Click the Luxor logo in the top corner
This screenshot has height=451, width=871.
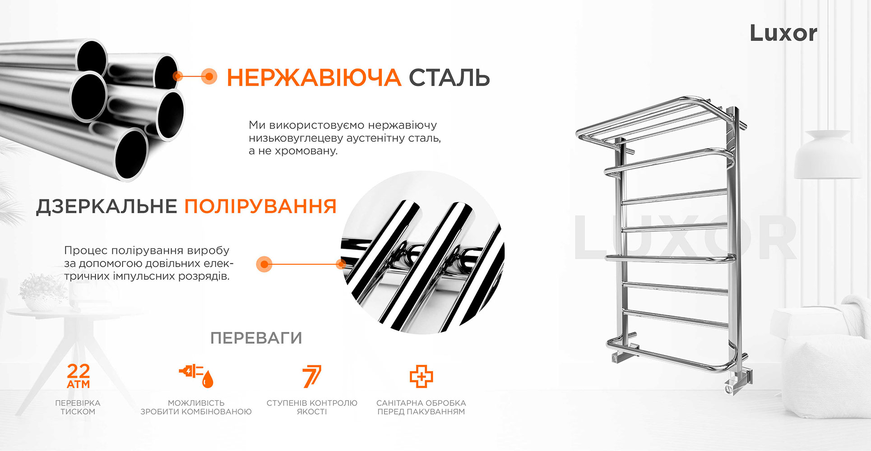(783, 33)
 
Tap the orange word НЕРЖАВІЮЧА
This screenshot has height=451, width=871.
(314, 78)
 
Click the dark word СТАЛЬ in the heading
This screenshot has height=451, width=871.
(449, 78)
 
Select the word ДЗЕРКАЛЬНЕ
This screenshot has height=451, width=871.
(107, 207)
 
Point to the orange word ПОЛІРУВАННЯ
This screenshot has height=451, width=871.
(261, 207)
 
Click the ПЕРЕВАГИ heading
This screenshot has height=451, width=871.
(256, 338)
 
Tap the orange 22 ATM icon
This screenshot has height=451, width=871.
(79, 377)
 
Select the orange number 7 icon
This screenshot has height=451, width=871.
(312, 376)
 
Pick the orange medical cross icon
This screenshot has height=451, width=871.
(421, 377)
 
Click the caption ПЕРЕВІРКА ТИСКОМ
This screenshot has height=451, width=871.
(78, 407)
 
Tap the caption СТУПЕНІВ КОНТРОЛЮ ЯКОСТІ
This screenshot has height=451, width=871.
(312, 407)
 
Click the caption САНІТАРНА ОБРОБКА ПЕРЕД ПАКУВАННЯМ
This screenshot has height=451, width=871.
(421, 407)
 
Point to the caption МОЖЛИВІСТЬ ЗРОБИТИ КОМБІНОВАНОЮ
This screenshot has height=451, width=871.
(196, 407)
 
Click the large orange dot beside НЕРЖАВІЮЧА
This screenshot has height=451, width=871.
(208, 77)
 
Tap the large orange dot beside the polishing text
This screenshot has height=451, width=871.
(264, 264)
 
